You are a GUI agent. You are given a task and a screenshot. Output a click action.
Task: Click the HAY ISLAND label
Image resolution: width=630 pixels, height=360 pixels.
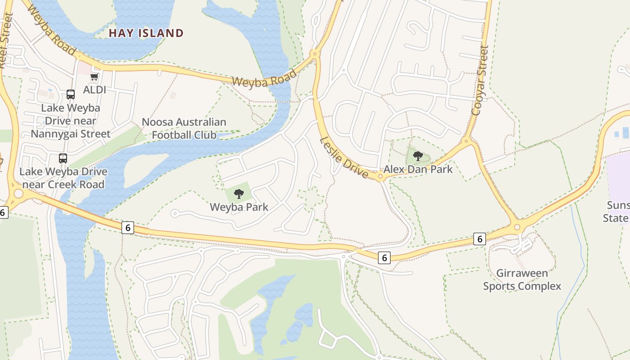coord(146,33)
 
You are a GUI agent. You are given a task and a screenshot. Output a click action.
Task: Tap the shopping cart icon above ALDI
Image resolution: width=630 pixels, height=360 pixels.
coord(94,77)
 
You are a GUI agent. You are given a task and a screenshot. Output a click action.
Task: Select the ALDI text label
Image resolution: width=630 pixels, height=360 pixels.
coord(94,90)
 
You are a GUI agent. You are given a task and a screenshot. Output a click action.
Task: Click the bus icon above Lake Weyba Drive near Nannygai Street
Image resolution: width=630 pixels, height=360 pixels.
coord(71,94)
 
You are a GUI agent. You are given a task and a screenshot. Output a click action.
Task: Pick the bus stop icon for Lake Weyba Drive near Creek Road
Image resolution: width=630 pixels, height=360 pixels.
coord(63,158)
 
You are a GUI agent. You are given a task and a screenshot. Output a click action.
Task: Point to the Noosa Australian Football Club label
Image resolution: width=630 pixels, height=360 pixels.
coord(184,128)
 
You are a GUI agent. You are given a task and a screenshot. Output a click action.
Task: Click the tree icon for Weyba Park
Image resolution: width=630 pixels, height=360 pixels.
coord(239,194)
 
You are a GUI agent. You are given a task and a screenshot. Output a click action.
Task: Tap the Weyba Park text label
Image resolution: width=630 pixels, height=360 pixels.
coord(239,207)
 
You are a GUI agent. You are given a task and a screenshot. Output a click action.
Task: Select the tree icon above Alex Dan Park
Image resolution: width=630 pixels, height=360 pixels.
coord(418,156)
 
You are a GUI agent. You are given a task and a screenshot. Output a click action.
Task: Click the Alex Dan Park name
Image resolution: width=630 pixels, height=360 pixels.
coord(418,169)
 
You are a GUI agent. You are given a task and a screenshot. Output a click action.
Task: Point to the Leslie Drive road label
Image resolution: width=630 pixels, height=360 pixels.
coord(344,157)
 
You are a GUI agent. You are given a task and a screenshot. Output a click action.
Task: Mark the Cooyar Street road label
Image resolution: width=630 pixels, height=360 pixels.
coord(480,80)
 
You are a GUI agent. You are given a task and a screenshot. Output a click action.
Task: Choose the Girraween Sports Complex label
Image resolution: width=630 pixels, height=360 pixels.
coord(522,279)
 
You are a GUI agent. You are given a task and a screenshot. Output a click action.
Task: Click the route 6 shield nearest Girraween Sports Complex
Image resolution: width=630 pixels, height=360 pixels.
coord(480,239)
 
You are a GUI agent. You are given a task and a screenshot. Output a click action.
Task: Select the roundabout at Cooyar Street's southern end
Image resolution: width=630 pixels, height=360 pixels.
coord(466,141)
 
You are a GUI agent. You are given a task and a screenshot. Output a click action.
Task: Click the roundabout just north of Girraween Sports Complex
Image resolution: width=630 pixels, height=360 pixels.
coord(517,227)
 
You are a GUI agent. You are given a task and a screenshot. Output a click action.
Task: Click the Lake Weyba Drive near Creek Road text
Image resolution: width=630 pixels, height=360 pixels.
coord(63,178)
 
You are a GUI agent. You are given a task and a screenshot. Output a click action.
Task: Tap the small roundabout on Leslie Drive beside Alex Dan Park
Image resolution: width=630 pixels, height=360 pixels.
coord(381,176)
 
